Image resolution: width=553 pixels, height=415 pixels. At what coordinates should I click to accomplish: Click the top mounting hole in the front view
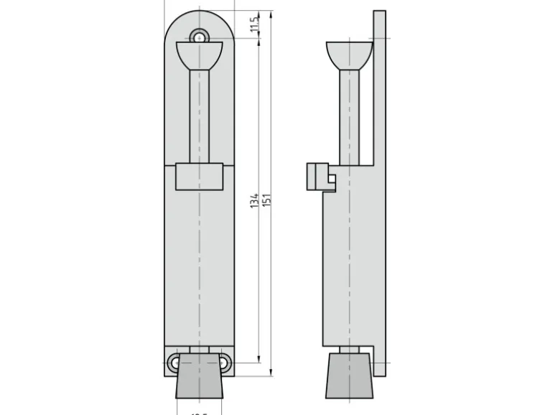pyautogui.click(x=200, y=36)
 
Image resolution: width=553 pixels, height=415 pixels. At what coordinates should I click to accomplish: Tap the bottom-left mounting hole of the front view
pyautogui.click(x=175, y=363)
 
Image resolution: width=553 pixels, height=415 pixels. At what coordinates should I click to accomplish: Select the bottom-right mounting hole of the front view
pyautogui.click(x=225, y=363)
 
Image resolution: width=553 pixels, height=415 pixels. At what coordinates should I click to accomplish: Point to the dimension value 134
pyautogui.click(x=255, y=200)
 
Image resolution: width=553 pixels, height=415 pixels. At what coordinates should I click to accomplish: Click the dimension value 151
pyautogui.click(x=266, y=200)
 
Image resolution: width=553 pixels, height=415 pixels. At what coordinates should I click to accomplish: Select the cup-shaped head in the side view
pyautogui.click(x=349, y=55)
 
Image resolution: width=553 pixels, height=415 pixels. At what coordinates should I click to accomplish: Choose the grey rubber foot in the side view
pyautogui.click(x=349, y=376)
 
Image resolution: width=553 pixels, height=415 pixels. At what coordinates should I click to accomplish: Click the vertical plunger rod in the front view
pyautogui.click(x=200, y=115)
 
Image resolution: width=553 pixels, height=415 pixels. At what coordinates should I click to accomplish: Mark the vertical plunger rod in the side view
pyautogui.click(x=349, y=115)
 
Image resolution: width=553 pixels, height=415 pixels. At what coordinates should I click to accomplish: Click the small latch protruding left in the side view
pyautogui.click(x=317, y=177)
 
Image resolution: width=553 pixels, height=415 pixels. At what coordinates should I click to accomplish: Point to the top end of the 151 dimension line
pyautogui.click(x=271, y=11)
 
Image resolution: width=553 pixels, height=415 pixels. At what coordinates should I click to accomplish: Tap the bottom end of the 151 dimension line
pyautogui.click(x=271, y=374)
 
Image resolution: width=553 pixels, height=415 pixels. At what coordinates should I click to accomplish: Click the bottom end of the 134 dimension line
pyautogui.click(x=259, y=363)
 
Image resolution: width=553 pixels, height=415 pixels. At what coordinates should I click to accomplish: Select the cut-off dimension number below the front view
pyautogui.click(x=199, y=412)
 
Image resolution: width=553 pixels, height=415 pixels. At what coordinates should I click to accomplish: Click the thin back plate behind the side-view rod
pyautogui.click(x=379, y=86)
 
